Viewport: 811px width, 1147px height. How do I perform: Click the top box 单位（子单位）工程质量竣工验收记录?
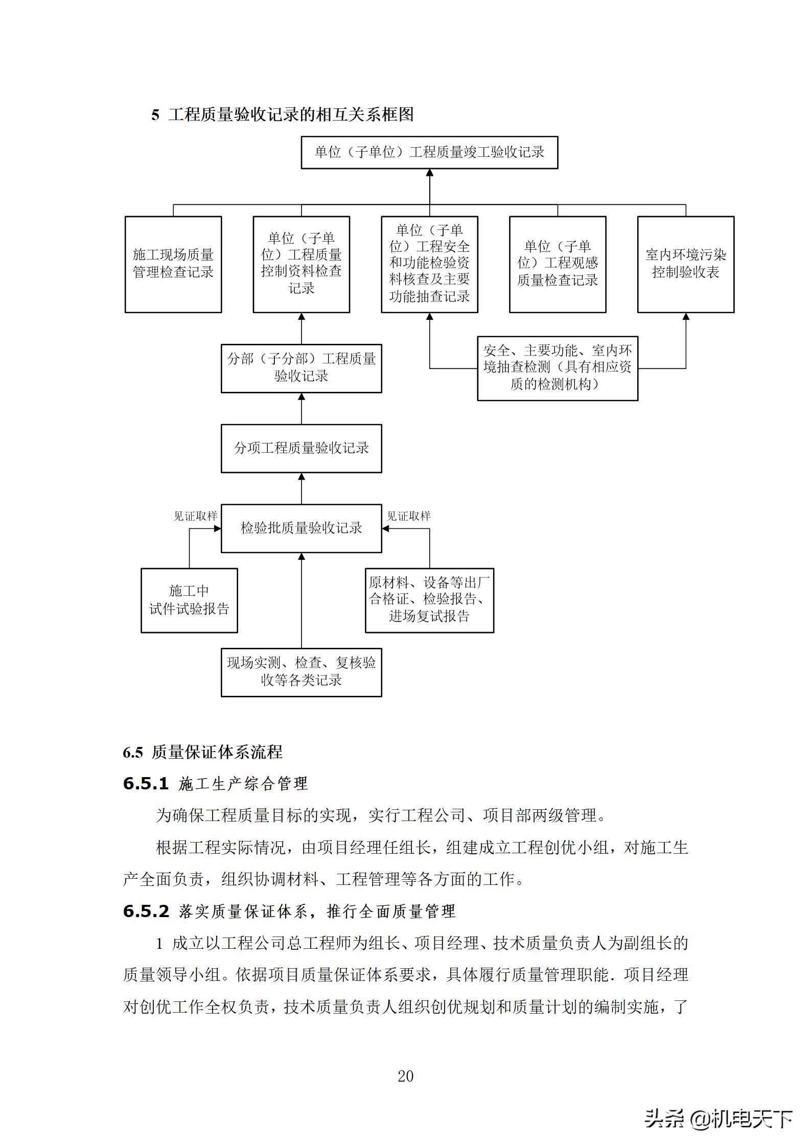point(429,152)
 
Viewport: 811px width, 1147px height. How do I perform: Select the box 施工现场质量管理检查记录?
point(173,264)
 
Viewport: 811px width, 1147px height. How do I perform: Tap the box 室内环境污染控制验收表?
point(685,264)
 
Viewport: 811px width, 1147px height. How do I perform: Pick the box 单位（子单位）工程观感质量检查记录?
point(558,264)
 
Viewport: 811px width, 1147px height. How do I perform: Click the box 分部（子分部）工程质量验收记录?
point(301,368)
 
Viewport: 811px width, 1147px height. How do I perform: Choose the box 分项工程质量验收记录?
point(301,448)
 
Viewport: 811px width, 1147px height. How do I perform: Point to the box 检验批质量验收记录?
point(301,528)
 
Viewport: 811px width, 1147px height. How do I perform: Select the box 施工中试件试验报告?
point(189,600)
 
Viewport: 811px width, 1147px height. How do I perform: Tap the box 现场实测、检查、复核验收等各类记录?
point(301,672)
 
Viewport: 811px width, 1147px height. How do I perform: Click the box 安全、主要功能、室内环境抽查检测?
point(558,368)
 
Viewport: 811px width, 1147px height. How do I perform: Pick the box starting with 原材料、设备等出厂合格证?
point(429,600)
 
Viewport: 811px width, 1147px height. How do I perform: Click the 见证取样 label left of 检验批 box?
point(195,516)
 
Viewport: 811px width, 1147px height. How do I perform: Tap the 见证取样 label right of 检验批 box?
point(408,516)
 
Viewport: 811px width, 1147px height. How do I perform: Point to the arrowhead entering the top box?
point(429,173)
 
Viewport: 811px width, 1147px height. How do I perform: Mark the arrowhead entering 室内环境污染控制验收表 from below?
point(686,317)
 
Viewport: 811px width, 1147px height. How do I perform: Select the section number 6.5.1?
point(146,783)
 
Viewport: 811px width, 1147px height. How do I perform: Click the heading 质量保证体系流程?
point(217,752)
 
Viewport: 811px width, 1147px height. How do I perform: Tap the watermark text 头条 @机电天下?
point(718,1118)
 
